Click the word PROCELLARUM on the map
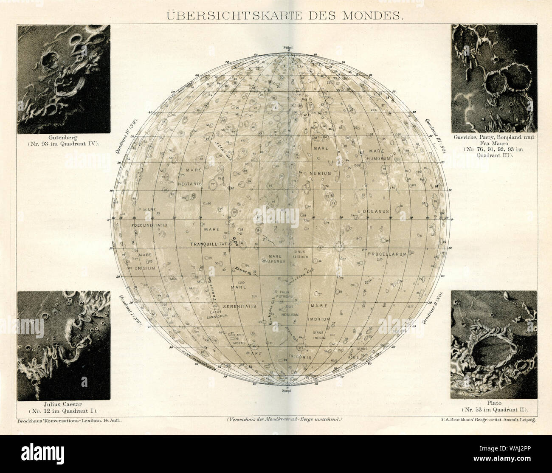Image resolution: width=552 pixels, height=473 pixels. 387,253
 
